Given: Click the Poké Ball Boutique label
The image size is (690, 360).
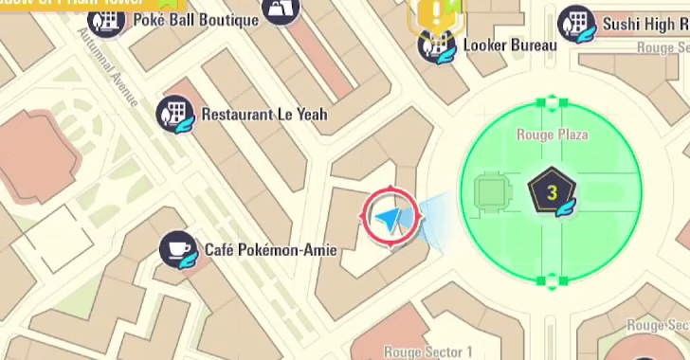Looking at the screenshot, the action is coord(195,20).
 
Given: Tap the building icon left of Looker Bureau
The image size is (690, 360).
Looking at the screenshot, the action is coord(438,45).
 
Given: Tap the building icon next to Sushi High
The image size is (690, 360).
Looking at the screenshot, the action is coord(575,23).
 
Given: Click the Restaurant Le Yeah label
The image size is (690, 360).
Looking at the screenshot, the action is coord(263,115).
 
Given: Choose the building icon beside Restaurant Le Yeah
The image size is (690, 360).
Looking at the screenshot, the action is coord(175,113).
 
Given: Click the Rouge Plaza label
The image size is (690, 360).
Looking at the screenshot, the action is coord(552,135).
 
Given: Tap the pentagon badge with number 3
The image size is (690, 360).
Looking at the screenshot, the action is coord(550,193).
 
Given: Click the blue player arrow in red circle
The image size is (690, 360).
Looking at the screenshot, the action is coord(390,218).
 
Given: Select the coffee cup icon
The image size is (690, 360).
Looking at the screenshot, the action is coord(177,249).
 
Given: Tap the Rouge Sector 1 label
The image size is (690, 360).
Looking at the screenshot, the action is coord(428,351).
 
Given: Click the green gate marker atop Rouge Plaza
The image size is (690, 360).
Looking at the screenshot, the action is coord(550,101).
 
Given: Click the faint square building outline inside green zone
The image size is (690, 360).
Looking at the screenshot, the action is coord(489,193).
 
